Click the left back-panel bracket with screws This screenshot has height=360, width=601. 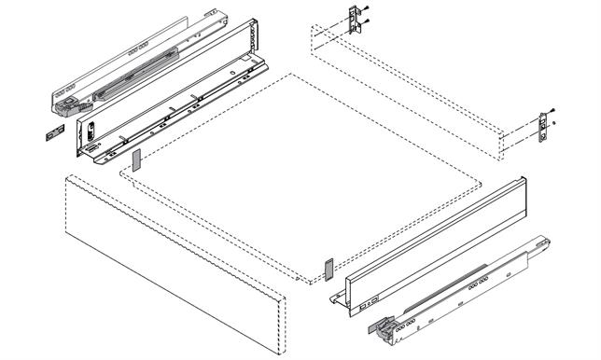tap(354, 21)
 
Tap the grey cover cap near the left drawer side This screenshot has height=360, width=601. tap(135, 159)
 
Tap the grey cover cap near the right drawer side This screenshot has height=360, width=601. tap(328, 269)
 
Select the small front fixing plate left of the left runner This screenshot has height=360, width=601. tap(49, 133)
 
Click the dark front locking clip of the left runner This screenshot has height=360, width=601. tap(64, 108)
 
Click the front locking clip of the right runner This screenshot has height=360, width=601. tap(385, 326)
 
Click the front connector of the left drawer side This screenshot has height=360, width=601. tap(91, 140)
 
